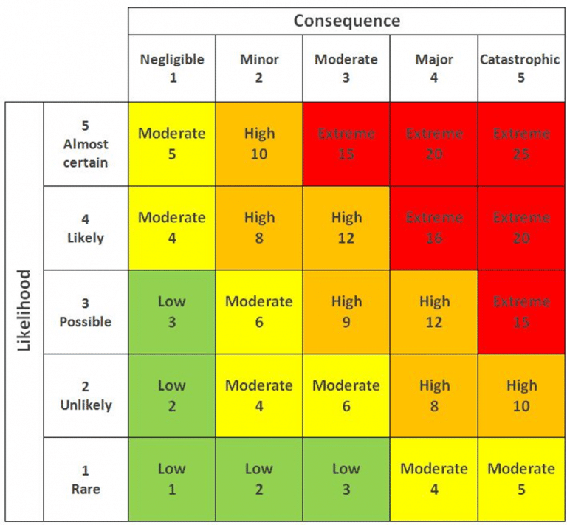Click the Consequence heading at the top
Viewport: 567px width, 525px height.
[x=346, y=20]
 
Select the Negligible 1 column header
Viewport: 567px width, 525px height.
[x=172, y=68]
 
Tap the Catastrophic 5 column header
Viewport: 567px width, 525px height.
[x=520, y=68]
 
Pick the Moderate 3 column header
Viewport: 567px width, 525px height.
[x=346, y=68]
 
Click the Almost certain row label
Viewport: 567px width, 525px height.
[x=86, y=144]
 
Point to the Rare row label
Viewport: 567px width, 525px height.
[x=86, y=479]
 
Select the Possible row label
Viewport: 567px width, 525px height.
[x=86, y=312]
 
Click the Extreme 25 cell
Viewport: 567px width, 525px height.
[x=521, y=144]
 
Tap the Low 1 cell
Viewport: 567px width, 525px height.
[x=172, y=479]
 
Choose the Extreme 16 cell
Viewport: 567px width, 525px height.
[x=433, y=228]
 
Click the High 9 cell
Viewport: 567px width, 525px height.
[x=346, y=312]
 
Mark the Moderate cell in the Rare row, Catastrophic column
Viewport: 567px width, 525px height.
[x=521, y=479]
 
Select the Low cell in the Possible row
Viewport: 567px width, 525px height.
[x=172, y=312]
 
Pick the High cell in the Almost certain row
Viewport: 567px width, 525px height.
[x=259, y=144]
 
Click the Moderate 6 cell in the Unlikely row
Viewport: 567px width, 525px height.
[x=346, y=396]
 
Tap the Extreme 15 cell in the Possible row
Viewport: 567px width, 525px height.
[x=521, y=312]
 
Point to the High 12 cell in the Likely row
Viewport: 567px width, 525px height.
[x=346, y=228]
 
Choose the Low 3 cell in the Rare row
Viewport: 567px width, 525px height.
[x=346, y=479]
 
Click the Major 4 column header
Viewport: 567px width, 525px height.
[x=433, y=68]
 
